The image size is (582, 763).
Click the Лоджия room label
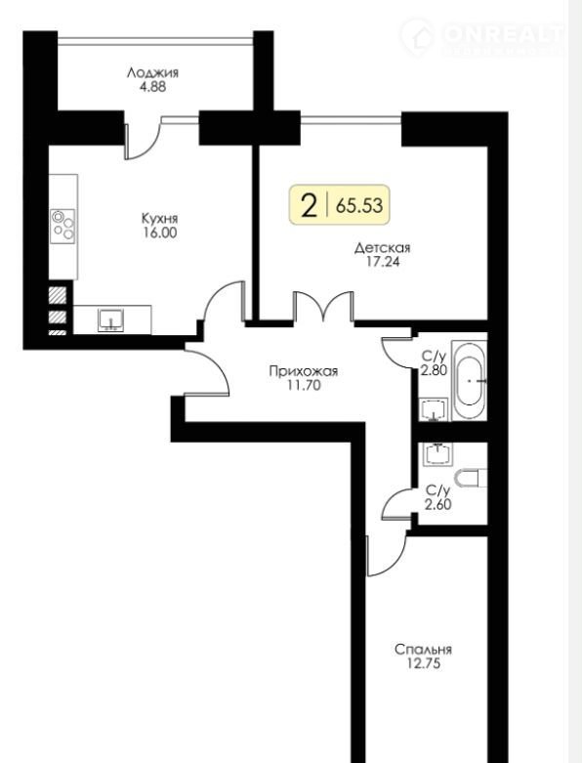152,73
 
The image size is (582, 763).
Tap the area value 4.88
152,87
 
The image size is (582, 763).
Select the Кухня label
159,218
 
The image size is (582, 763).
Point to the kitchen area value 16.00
159,233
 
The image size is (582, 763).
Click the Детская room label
382,248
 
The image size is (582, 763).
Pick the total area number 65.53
359,205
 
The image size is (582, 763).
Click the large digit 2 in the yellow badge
310,205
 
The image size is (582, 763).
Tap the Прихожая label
304,372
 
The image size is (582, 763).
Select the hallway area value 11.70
304,386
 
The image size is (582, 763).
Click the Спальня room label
423,649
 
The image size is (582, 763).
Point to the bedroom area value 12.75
423,663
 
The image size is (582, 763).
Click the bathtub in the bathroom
469,380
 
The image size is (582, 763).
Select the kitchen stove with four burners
63,227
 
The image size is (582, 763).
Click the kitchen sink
111,320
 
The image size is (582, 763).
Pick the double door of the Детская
323,307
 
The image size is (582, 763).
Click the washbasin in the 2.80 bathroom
435,408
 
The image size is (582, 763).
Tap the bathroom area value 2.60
438,505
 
